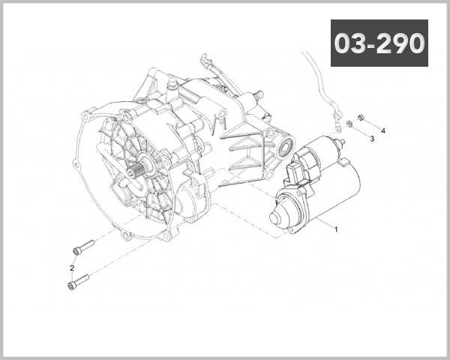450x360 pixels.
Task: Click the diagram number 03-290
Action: [x=379, y=43]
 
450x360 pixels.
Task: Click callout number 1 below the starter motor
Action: [x=335, y=230]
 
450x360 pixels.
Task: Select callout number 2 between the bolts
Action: [x=72, y=267]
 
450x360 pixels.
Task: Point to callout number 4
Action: [x=383, y=130]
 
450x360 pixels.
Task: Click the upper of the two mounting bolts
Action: [x=83, y=247]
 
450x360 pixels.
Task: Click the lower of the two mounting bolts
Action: [x=78, y=282]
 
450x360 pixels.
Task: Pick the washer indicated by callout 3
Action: [x=349, y=123]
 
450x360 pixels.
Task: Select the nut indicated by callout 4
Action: [x=361, y=117]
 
